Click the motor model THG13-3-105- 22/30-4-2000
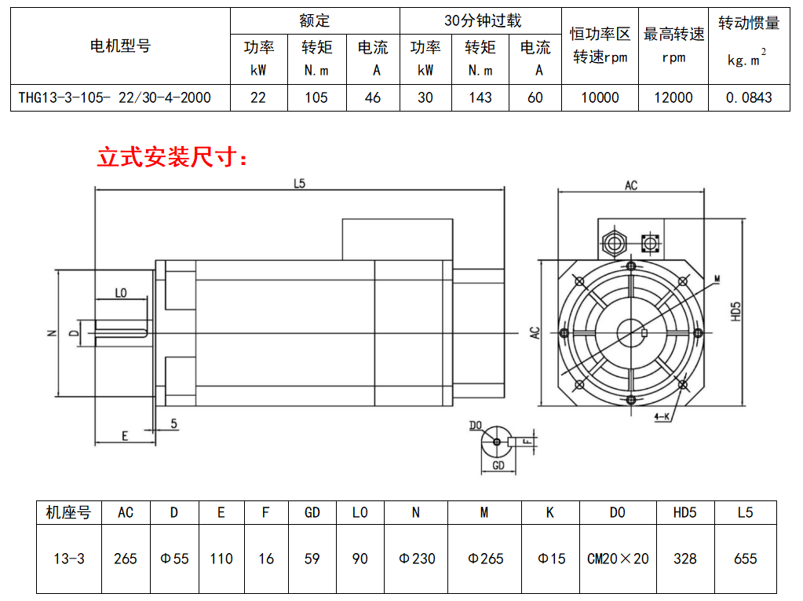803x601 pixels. (115, 97)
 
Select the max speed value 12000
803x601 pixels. (673, 97)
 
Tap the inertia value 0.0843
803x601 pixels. (749, 97)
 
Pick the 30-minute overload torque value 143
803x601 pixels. (480, 97)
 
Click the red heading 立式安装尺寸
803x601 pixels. (167, 157)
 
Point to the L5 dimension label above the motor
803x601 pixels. (300, 183)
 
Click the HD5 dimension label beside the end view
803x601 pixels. (736, 312)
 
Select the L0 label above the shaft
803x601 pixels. (121, 293)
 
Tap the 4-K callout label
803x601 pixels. (662, 416)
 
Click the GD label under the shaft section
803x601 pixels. (498, 465)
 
